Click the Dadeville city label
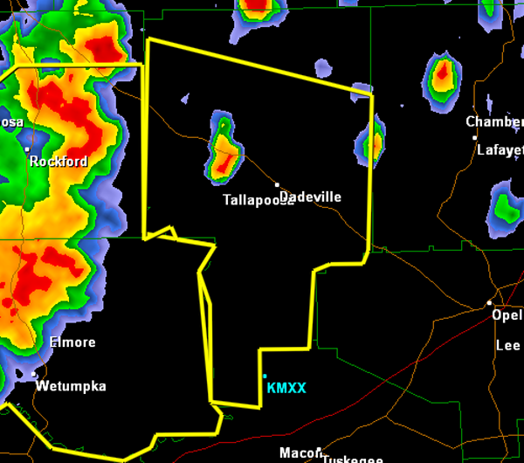click(311, 197)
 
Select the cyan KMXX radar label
click(286, 388)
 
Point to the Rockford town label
click(59, 162)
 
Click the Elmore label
click(72, 342)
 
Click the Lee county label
click(508, 346)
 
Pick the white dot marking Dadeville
click(278, 185)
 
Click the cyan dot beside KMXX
click(265, 377)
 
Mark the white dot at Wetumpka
click(34, 375)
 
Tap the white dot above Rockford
click(27, 149)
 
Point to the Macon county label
click(296, 453)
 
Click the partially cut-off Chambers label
click(494, 122)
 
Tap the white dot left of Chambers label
click(475, 137)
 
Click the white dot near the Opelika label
click(490, 303)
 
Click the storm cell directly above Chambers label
click(443, 75)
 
